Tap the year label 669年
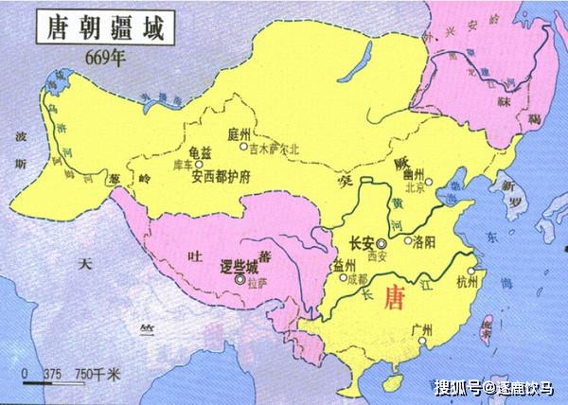click(x=104, y=54)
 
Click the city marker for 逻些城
click(x=240, y=279)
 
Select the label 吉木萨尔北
click(x=275, y=148)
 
